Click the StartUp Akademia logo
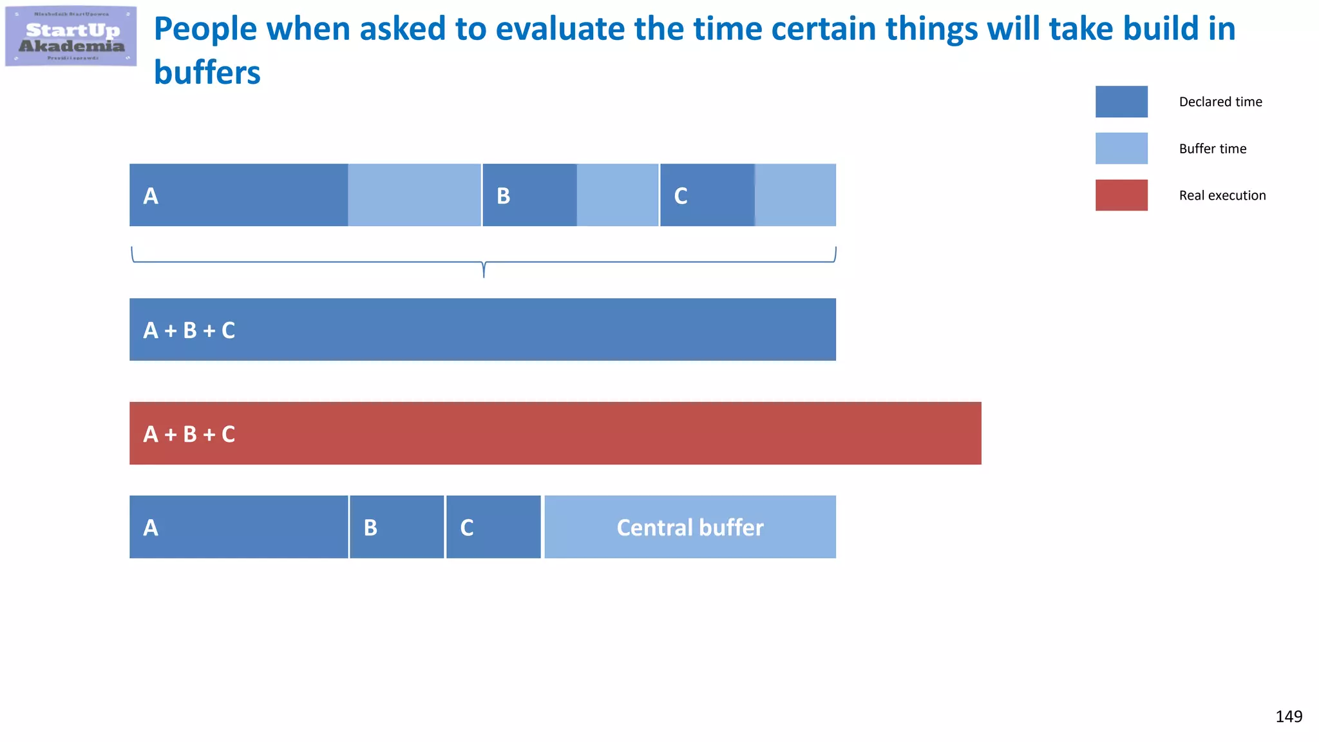pyautogui.click(x=71, y=36)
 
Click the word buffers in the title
pyautogui.click(x=207, y=73)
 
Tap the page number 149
pyautogui.click(x=1289, y=716)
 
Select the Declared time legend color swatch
pyautogui.click(x=1121, y=102)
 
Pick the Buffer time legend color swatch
pyautogui.click(x=1121, y=148)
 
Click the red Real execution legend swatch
pyautogui.click(x=1121, y=195)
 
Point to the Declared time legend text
pyautogui.click(x=1220, y=102)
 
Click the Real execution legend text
pyautogui.click(x=1222, y=195)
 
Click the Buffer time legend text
pyautogui.click(x=1213, y=149)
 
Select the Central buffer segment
pyautogui.click(x=690, y=527)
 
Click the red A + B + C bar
pyautogui.click(x=555, y=433)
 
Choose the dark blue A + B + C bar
pyautogui.click(x=482, y=330)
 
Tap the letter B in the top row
pyautogui.click(x=504, y=196)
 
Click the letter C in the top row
pyautogui.click(x=681, y=196)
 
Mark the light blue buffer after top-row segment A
pyautogui.click(x=414, y=195)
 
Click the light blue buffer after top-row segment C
pyautogui.click(x=795, y=195)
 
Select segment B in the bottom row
pyautogui.click(x=397, y=527)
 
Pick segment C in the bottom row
pyautogui.click(x=493, y=527)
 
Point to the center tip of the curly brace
pyautogui.click(x=484, y=274)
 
